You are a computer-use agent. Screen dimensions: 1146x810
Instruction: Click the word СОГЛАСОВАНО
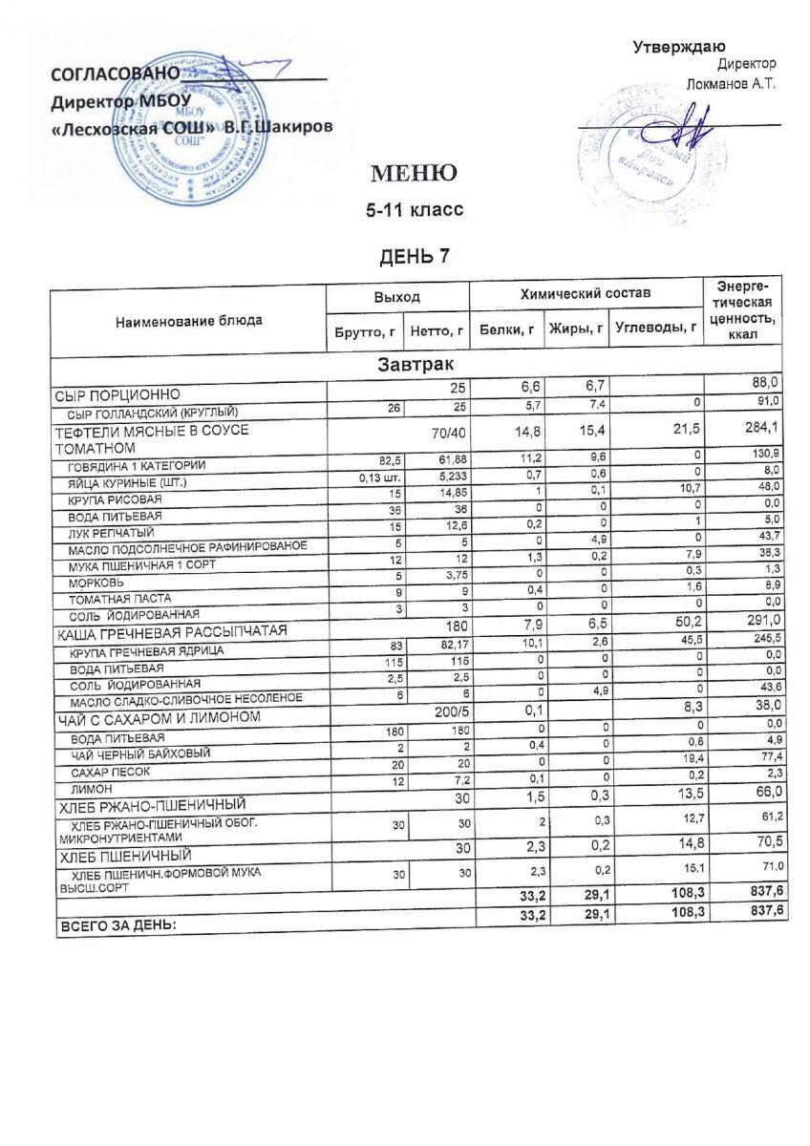click(115, 75)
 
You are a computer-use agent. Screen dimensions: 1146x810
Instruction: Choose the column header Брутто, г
click(362, 332)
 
